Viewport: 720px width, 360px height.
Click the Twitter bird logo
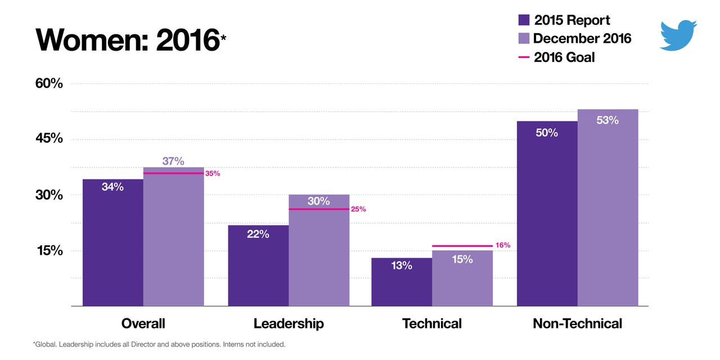(x=678, y=35)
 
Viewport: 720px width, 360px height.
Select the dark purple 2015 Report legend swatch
(x=524, y=20)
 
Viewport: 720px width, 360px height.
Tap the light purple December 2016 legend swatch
(x=524, y=38)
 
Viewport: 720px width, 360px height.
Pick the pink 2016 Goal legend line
(x=524, y=57)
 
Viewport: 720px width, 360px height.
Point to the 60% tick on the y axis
(x=49, y=83)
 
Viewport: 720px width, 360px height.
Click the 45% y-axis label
(x=49, y=139)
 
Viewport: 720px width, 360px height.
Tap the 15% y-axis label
(x=49, y=250)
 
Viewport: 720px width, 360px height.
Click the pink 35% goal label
(x=213, y=174)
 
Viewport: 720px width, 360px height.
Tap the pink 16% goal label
(x=502, y=246)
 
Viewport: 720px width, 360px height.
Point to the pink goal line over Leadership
(x=319, y=209)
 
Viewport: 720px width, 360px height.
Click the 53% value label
(x=607, y=120)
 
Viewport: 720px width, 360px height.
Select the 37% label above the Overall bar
(x=173, y=161)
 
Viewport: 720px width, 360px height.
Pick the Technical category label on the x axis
(x=431, y=323)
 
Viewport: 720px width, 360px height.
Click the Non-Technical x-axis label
(x=577, y=323)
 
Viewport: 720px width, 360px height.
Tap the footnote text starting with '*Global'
(x=159, y=344)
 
